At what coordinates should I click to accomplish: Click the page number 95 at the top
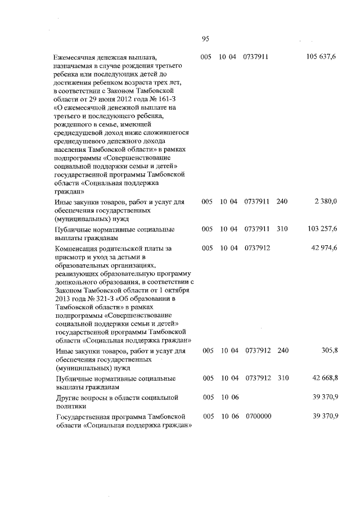[x=205, y=39]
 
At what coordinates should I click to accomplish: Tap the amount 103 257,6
[x=322, y=229]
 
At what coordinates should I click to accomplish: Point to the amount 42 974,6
[x=323, y=247]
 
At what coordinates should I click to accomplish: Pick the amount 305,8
[x=328, y=350]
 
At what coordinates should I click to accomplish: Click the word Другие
[x=69, y=398]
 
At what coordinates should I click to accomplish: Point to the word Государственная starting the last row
[x=88, y=416]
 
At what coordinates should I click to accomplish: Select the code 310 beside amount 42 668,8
[x=282, y=378]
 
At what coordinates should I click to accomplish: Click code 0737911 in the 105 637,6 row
[x=256, y=57]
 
